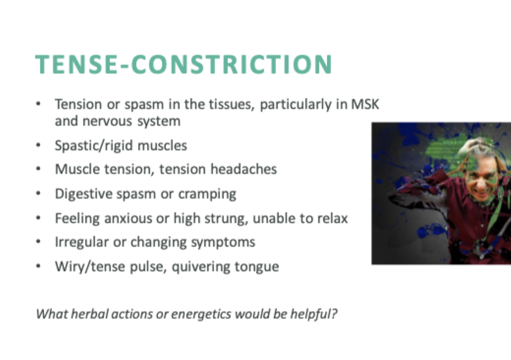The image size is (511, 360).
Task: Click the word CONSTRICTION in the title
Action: coord(227,64)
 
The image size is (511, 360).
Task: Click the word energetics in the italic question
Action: coord(187,314)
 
